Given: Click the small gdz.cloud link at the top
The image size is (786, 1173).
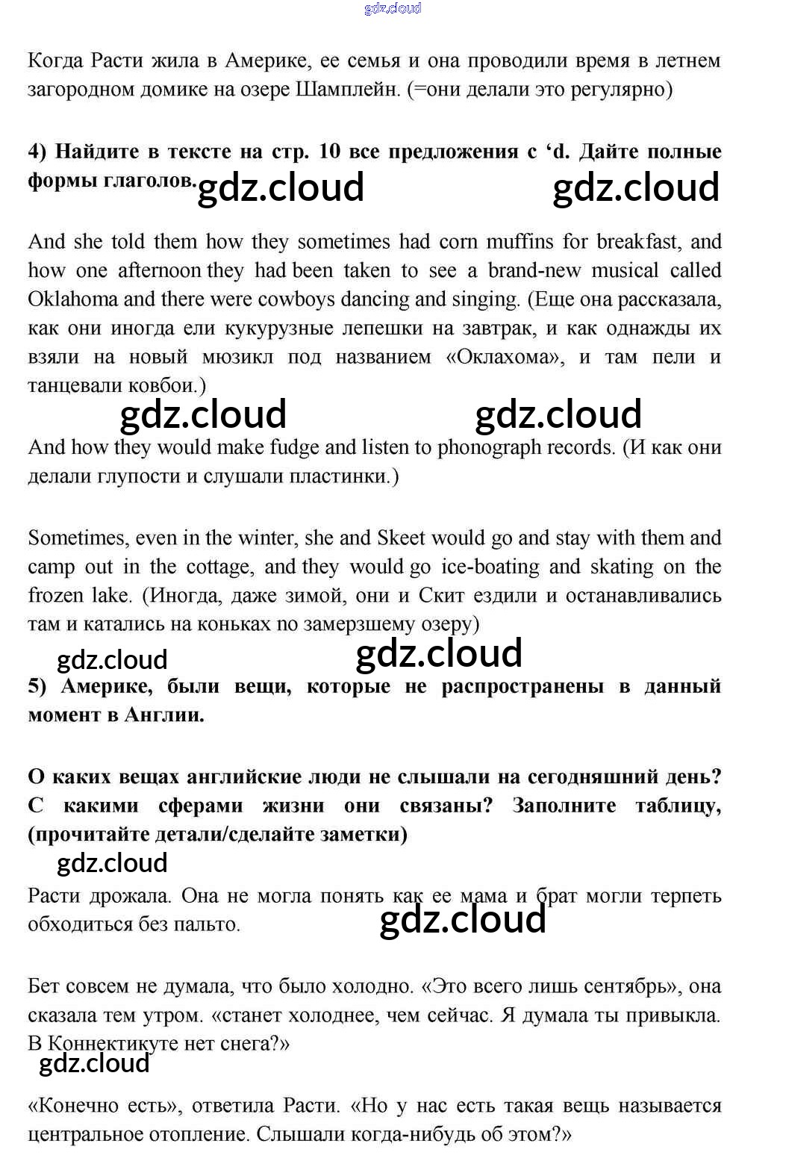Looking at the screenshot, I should (393, 8).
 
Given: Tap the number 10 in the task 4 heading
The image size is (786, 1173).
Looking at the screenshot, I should (329, 152).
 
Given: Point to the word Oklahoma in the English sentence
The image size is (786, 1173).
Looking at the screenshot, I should (73, 299).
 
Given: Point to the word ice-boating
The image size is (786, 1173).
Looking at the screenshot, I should (490, 567).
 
